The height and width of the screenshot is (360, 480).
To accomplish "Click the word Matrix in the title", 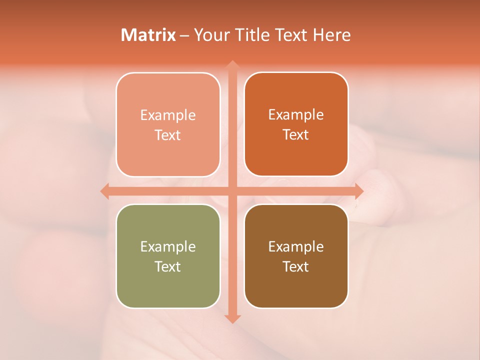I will (x=148, y=35).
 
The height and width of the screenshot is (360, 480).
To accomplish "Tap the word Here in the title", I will (x=332, y=35).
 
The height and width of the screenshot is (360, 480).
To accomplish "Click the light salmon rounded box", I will (x=168, y=124).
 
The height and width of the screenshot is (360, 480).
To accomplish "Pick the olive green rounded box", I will (x=168, y=256).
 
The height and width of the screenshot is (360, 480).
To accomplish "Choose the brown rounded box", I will (x=296, y=256).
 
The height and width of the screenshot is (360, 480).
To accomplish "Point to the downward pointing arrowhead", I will (x=232, y=318).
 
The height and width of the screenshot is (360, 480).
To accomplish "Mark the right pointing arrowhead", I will (x=358, y=191).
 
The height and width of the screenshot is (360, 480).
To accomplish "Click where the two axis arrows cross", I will (x=232, y=191).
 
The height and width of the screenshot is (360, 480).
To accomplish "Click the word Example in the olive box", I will (x=168, y=246).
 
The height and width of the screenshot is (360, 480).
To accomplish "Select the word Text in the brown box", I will (x=296, y=266).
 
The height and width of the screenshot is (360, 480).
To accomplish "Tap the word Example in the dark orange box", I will (x=296, y=114).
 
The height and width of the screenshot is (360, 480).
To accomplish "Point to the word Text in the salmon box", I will (x=168, y=135).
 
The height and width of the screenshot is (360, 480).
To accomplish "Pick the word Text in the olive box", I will (x=168, y=266).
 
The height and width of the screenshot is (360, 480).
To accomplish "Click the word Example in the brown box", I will (x=296, y=246).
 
